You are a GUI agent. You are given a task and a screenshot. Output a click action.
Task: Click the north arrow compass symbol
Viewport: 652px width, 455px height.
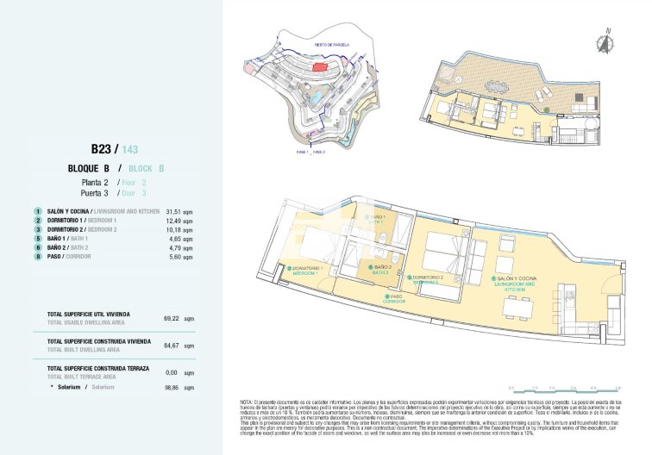609,37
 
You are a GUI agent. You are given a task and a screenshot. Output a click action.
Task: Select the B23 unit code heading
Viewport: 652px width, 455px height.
103,147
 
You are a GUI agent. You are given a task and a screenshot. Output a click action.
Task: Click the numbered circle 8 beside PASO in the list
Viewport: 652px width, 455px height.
38,257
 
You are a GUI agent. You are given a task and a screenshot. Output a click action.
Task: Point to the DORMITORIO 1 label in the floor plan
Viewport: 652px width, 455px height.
309,270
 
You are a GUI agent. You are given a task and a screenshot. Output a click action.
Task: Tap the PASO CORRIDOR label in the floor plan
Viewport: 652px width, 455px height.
393,298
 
